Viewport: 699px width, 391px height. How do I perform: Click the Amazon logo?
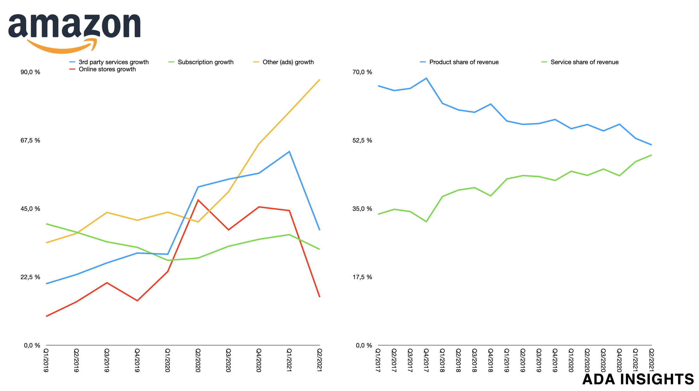(74, 32)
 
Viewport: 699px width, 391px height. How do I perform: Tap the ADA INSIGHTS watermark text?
(638, 379)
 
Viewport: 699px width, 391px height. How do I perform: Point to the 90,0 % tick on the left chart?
(30, 72)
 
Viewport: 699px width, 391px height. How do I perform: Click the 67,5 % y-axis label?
(30, 140)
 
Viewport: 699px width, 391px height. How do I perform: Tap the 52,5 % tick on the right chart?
(362, 140)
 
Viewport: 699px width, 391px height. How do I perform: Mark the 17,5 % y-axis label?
(362, 277)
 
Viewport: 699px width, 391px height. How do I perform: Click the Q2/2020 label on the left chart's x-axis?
(198, 360)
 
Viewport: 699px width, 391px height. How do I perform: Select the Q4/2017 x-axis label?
(426, 360)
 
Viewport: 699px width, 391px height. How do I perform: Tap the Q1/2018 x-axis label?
(442, 360)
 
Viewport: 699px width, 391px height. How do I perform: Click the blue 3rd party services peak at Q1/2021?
(289, 152)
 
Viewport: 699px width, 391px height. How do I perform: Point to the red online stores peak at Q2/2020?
(198, 200)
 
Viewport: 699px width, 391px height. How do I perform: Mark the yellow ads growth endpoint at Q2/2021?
(319, 80)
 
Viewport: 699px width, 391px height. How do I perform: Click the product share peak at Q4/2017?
(426, 78)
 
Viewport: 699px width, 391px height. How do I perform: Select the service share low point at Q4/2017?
(426, 222)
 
